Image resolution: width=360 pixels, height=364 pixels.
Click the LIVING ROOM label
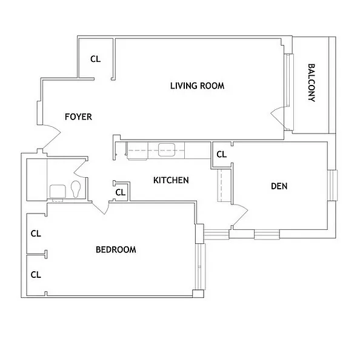(x=197, y=86)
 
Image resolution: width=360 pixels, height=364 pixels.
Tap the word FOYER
(x=78, y=116)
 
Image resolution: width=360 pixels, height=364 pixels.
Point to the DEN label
(x=279, y=186)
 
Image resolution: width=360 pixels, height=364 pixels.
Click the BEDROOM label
(x=116, y=249)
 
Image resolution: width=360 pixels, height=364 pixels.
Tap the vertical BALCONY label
(x=312, y=83)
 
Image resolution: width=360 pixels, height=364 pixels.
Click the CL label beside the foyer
(x=95, y=59)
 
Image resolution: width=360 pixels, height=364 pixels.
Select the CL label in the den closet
(x=221, y=154)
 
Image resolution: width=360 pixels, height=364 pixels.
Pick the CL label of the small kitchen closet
(x=120, y=193)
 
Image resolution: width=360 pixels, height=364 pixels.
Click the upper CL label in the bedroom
(x=36, y=233)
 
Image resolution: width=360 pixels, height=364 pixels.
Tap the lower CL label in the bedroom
(x=36, y=274)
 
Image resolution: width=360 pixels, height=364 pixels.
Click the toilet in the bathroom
(x=76, y=190)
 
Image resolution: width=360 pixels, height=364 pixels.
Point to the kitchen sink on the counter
(x=167, y=149)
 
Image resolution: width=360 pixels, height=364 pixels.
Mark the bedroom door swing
(x=100, y=206)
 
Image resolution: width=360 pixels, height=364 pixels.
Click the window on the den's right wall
(x=332, y=186)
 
